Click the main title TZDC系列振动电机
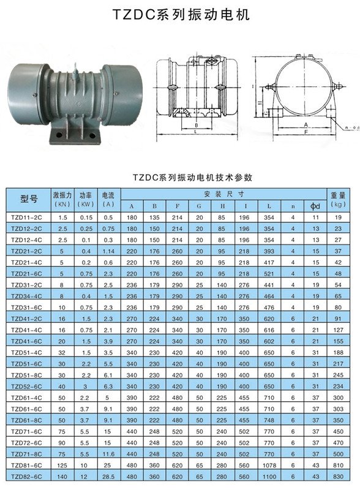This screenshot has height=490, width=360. pyautogui.click(x=181, y=15)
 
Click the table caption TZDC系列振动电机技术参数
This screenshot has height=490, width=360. pyautogui.click(x=192, y=178)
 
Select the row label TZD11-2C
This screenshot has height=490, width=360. pyautogui.click(x=26, y=217)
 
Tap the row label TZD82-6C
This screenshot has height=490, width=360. pyautogui.click(x=26, y=477)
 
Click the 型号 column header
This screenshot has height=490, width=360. pyautogui.click(x=29, y=198)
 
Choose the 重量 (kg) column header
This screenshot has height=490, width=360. pyautogui.click(x=338, y=200)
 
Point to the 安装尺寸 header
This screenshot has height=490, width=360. pyautogui.click(x=223, y=194)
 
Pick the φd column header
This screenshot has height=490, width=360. pyautogui.click(x=316, y=206)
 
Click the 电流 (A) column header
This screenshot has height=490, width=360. pyautogui.click(x=108, y=200)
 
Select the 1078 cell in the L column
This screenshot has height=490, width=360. pyautogui.click(x=269, y=466)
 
